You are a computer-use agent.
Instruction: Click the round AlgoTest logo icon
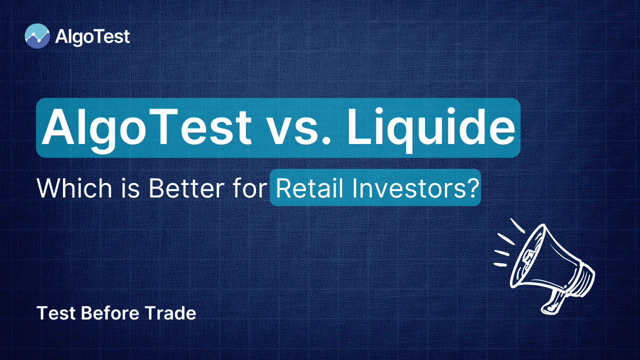(37, 36)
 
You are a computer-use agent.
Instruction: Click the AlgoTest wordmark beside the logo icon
(92, 37)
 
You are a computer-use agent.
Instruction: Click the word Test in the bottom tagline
(56, 313)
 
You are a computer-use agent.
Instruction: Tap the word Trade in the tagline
(170, 313)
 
